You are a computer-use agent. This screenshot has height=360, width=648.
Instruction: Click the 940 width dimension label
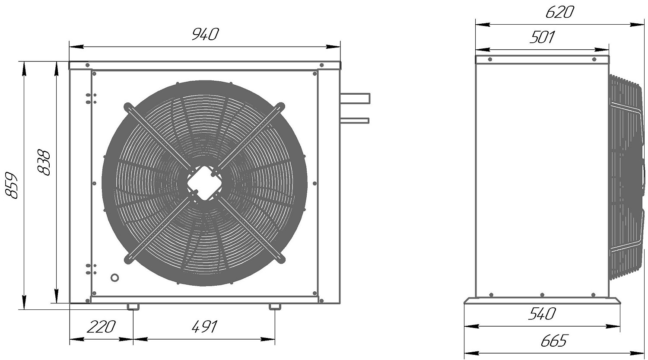(x=205, y=35)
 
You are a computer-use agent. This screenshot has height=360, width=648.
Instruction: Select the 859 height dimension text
(x=12, y=185)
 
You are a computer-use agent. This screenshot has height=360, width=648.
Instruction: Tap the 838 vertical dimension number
(x=44, y=162)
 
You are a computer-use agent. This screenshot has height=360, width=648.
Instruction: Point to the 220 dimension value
(x=101, y=327)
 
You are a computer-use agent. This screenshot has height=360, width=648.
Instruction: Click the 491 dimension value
(x=204, y=327)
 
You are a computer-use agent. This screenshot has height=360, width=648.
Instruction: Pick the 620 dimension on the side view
(x=559, y=13)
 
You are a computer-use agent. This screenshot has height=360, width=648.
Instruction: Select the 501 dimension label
(x=542, y=37)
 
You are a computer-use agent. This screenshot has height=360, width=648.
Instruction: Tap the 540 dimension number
(x=542, y=314)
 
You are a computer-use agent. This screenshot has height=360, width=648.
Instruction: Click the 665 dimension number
(x=553, y=341)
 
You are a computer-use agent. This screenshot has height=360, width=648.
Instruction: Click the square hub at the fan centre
(x=204, y=183)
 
